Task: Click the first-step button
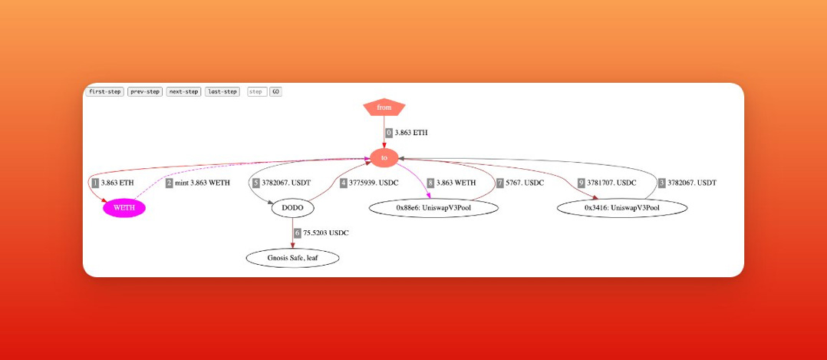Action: (x=104, y=92)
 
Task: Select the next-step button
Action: (x=183, y=92)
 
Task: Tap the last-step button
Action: (x=222, y=92)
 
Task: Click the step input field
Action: (x=257, y=92)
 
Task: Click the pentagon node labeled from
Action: (x=384, y=107)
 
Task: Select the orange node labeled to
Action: (x=384, y=157)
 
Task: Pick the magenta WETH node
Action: (x=124, y=207)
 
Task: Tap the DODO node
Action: (x=292, y=207)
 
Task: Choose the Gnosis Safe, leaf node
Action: (x=292, y=258)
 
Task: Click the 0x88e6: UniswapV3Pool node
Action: (x=433, y=207)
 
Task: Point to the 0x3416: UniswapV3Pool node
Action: (x=622, y=207)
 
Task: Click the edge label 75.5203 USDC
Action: (x=325, y=233)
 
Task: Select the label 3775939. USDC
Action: (x=374, y=183)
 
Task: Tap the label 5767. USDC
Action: (x=525, y=183)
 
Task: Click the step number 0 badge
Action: (x=389, y=133)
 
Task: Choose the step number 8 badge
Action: (x=430, y=183)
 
